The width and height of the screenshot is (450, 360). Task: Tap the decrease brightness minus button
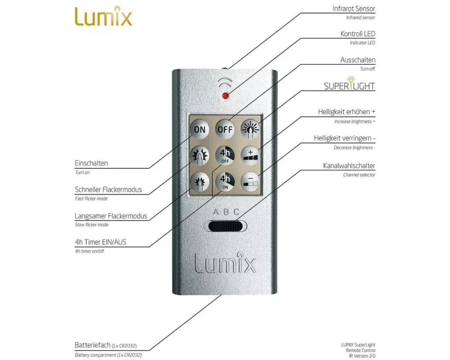pyautogui.click(x=251, y=181)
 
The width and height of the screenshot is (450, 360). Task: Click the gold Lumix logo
pyautogui.click(x=103, y=17)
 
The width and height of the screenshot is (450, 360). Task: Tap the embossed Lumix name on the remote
pyautogui.click(x=225, y=263)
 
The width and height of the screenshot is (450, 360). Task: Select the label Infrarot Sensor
pyautogui.click(x=354, y=9)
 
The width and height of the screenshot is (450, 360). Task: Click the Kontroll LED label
pyautogui.click(x=358, y=34)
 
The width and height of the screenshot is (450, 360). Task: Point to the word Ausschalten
pyautogui.click(x=358, y=60)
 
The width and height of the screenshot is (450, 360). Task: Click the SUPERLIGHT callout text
pyautogui.click(x=349, y=85)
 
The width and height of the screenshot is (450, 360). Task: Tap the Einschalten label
pyautogui.click(x=91, y=163)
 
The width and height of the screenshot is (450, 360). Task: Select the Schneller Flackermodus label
pyautogui.click(x=108, y=189)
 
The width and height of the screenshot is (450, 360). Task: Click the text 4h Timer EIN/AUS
pyautogui.click(x=100, y=242)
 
